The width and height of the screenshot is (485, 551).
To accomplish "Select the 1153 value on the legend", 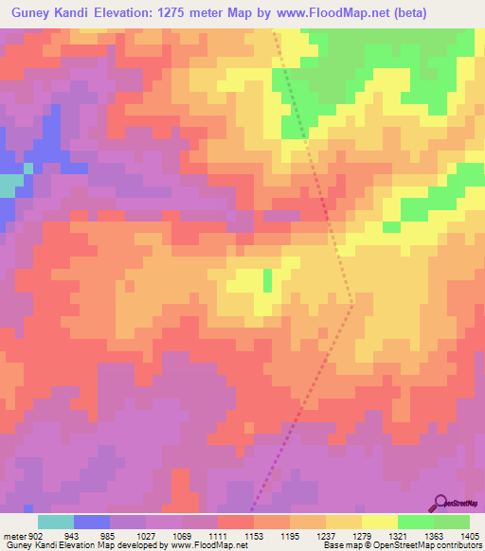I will pyautogui.click(x=253, y=536).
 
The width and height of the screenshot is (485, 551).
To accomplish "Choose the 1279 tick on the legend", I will pyautogui.click(x=362, y=536).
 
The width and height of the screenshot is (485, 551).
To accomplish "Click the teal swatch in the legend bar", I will pyautogui.click(x=55, y=522).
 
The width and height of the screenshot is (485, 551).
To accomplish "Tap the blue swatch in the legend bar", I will pyautogui.click(x=91, y=522).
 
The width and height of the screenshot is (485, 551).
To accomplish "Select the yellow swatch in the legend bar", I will pyautogui.click(x=379, y=522).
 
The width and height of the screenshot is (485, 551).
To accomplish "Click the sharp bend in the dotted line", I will pyautogui.click(x=353, y=305).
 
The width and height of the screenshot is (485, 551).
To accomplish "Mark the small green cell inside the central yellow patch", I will pyautogui.click(x=267, y=279).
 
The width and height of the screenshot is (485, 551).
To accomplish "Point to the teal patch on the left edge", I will pyautogui.click(x=8, y=185).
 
